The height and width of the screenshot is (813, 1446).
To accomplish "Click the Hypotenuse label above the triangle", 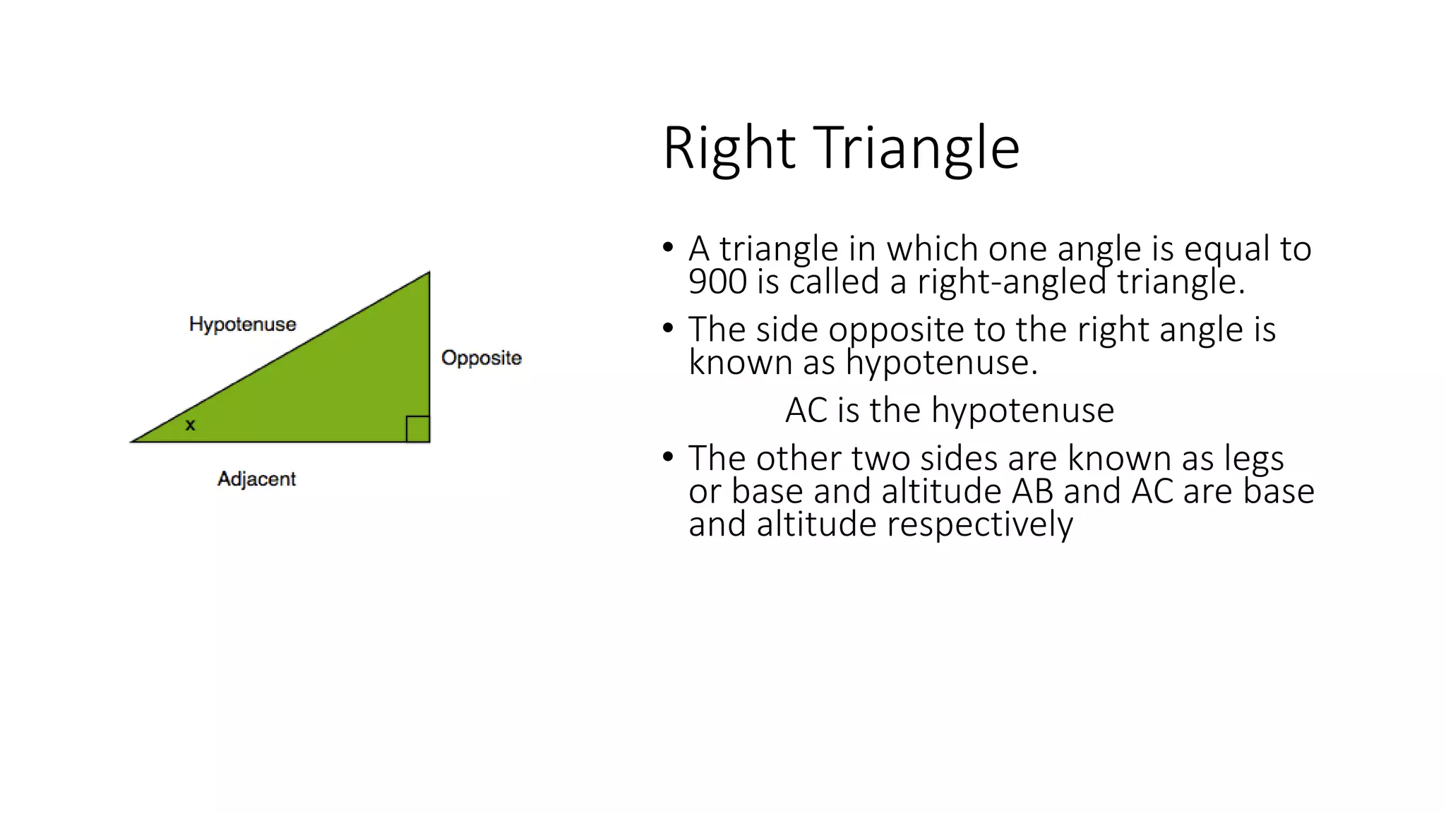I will tap(242, 324).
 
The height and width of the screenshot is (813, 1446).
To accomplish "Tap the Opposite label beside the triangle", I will tap(481, 358).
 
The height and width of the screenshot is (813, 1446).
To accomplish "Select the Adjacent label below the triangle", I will tap(256, 478).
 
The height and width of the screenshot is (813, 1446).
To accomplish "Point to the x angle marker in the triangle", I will tap(190, 425).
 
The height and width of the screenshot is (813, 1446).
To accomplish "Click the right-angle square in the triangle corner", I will tap(417, 429).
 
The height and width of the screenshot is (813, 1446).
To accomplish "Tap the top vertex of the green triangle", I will tap(428, 274).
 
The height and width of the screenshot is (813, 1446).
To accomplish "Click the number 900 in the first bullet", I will tap(717, 282).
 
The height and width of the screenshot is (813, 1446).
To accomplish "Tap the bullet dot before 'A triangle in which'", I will tap(668, 248).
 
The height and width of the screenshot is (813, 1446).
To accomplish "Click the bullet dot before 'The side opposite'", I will tap(668, 328).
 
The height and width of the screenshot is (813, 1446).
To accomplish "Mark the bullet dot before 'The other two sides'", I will tap(668, 457).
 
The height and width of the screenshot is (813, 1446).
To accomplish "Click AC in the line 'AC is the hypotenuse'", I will tap(806, 410).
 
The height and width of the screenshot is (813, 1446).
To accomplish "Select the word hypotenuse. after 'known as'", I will tap(941, 363).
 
